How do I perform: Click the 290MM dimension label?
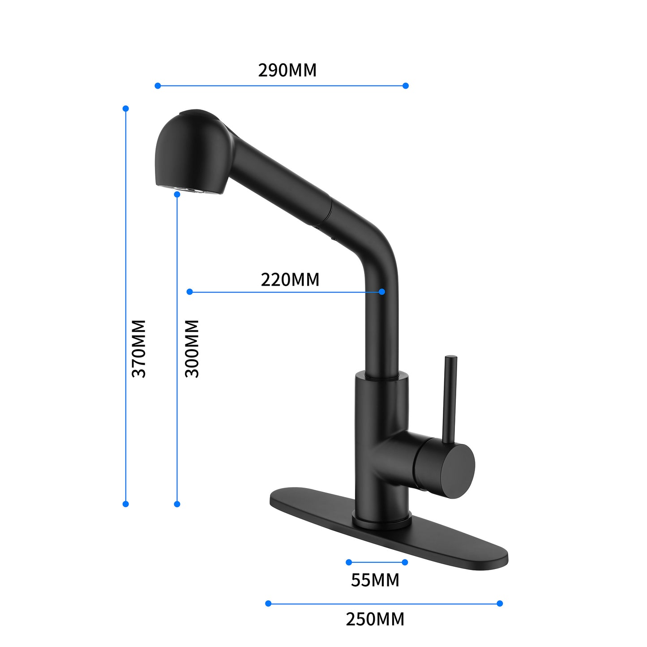287,70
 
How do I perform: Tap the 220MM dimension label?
290,280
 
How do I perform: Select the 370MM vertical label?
139,348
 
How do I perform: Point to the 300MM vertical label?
192,348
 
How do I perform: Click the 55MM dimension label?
375,580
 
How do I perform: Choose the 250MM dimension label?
375,619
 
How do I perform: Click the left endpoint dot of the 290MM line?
158,86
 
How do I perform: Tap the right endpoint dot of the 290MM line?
406,86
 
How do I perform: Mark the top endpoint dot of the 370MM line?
126,108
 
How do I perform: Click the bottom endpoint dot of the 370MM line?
126,504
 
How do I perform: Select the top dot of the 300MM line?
177,194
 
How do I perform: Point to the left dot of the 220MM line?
189,291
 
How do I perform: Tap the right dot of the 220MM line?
382,291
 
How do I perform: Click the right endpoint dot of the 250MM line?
500,604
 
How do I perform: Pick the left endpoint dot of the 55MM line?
349,562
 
